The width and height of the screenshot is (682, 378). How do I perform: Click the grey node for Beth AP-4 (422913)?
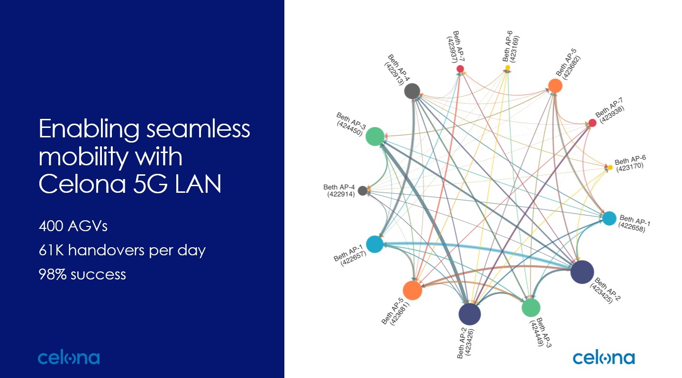click(412, 90)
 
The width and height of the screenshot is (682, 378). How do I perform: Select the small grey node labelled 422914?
click(363, 190)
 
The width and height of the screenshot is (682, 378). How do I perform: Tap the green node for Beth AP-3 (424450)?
click(375, 136)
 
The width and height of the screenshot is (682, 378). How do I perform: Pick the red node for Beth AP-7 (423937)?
click(460, 69)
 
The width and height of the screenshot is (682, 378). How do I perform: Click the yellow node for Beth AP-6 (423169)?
click(508, 68)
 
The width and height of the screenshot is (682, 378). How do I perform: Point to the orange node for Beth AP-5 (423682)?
click(555, 86)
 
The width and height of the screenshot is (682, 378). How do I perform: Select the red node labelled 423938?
click(592, 123)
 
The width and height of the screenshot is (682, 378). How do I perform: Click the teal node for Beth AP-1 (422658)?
click(609, 218)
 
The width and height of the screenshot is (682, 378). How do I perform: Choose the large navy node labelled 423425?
click(582, 272)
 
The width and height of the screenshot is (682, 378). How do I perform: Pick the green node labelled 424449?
click(531, 307)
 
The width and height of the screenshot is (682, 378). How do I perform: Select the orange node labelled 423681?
click(412, 290)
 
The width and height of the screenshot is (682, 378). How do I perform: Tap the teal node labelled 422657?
click(374, 244)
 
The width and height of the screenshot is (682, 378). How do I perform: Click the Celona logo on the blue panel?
click(69, 358)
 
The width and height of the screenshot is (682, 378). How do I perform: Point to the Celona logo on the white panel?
click(603, 358)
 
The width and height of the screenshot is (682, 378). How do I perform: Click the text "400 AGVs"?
click(73, 226)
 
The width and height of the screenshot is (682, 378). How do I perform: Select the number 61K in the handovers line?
click(52, 250)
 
